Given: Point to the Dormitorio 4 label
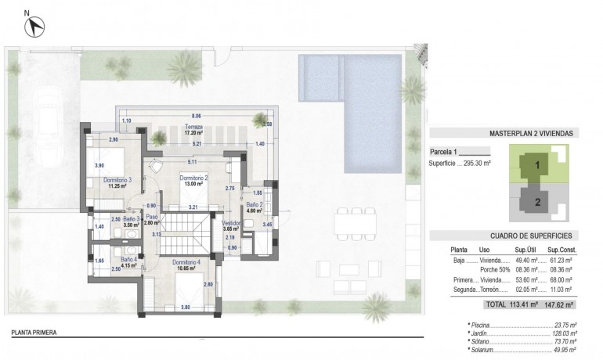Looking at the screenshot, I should coord(186,264).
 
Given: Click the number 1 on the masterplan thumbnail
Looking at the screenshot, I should coord(537,165).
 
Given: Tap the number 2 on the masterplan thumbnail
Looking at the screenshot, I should coord(537,201).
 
